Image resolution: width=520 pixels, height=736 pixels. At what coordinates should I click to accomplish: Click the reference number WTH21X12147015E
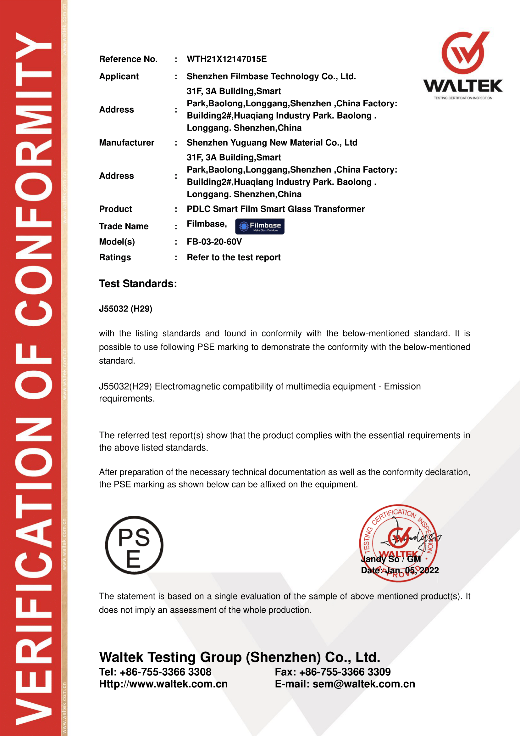[x=226, y=59]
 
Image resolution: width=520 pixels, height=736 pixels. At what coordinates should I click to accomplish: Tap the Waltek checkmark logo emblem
[x=463, y=53]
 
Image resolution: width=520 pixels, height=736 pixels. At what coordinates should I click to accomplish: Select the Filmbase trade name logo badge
[x=259, y=226]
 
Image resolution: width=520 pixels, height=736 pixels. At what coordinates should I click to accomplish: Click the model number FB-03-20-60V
[x=214, y=242]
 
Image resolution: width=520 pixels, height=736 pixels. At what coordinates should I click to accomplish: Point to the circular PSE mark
[x=134, y=545]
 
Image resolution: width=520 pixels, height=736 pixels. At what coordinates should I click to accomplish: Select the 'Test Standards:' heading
[x=138, y=284]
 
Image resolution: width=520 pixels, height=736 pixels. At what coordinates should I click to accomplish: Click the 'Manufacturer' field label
[x=126, y=143]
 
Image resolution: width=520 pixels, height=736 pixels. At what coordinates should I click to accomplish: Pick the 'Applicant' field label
[x=119, y=76]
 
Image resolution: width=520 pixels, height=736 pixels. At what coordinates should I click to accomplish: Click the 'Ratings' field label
[x=115, y=257]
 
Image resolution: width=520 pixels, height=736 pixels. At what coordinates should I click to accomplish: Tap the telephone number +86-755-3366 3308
[x=165, y=671]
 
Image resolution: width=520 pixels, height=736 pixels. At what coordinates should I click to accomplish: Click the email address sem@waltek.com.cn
[x=363, y=684]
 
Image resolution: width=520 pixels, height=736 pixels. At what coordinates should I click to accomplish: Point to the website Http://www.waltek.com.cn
[x=163, y=684]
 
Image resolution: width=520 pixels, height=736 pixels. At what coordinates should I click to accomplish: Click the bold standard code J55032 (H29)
[x=125, y=309]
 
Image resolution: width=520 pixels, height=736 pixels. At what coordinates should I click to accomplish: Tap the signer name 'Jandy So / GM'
[x=391, y=559]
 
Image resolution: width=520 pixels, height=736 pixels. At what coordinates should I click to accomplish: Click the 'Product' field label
[x=115, y=209]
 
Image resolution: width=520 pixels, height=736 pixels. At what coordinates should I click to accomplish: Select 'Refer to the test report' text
[x=233, y=257]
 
